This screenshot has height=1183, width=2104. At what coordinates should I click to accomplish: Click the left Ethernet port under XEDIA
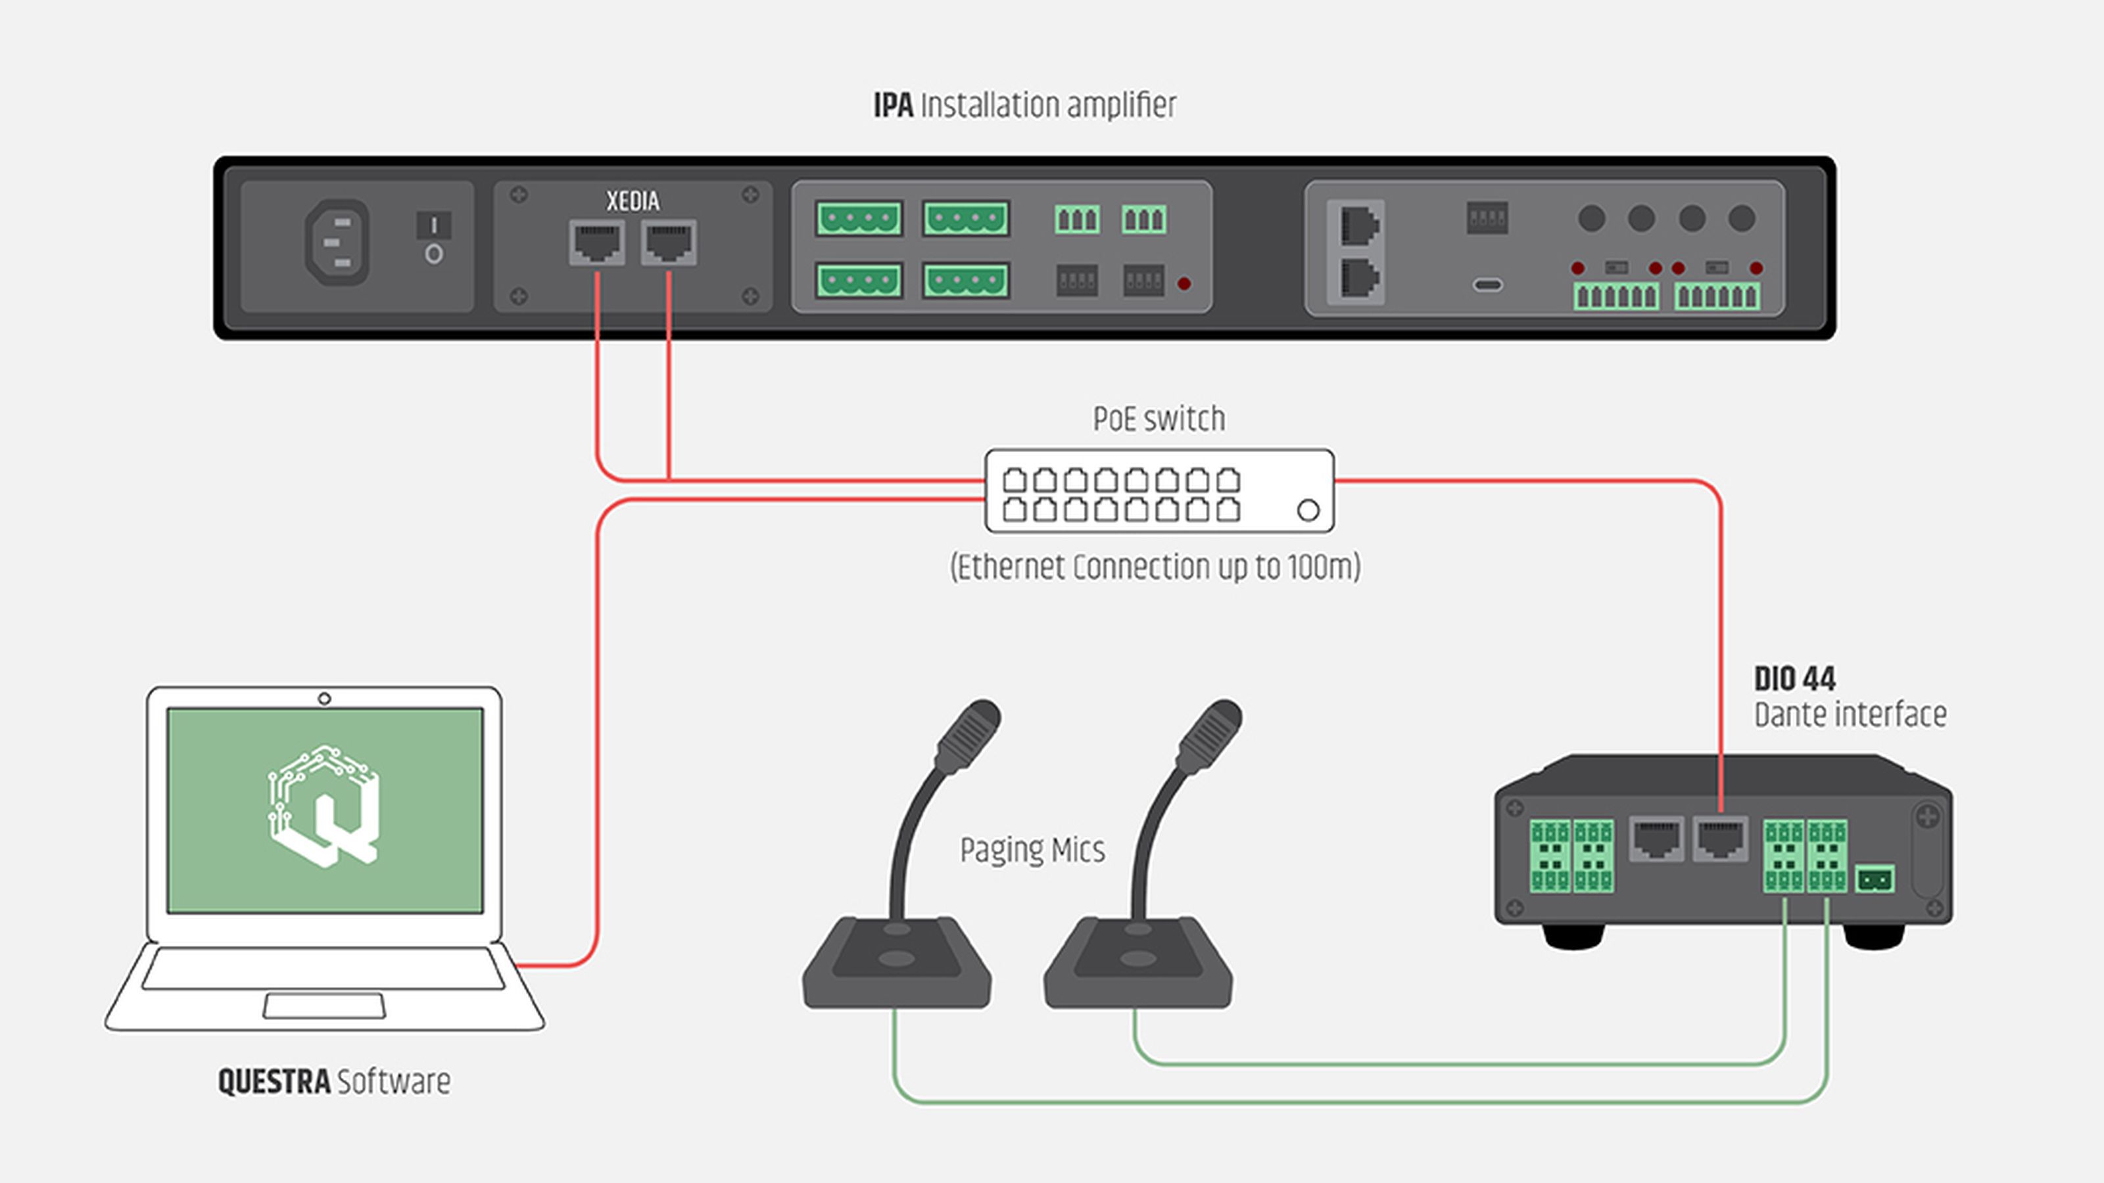click(597, 243)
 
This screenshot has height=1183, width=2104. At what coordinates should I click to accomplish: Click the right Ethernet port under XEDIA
click(669, 243)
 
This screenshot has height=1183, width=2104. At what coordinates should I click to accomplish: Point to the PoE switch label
click(1159, 419)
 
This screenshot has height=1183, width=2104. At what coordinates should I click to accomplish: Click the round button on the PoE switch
click(1308, 510)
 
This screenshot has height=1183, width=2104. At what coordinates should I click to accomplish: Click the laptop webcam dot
click(324, 699)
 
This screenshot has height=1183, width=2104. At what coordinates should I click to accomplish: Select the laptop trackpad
click(323, 1006)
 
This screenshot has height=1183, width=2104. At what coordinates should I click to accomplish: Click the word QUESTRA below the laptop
click(274, 1082)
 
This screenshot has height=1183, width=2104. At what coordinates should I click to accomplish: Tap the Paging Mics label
click(1032, 850)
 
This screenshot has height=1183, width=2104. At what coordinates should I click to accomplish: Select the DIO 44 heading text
click(1794, 678)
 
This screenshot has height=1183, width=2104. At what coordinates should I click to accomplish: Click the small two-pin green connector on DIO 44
click(1875, 879)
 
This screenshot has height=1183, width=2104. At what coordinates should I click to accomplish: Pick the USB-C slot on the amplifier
click(1487, 285)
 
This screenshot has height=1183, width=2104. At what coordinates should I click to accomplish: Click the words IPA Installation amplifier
click(1025, 105)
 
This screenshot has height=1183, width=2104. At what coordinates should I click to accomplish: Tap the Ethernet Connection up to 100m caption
click(1155, 567)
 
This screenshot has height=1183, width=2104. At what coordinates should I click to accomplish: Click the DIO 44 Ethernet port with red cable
click(1720, 839)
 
